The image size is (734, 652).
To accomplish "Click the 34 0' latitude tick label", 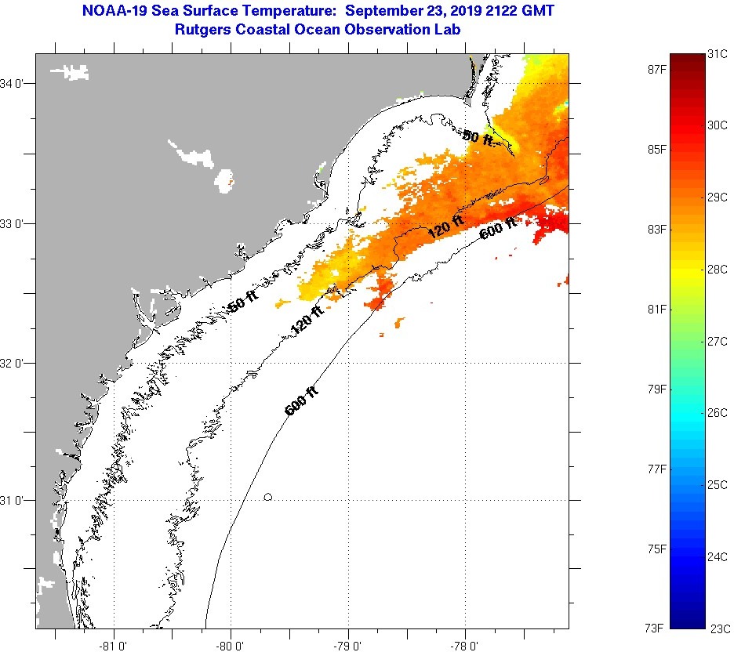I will pyautogui.click(x=16, y=83).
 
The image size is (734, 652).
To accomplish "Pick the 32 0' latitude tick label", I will pyautogui.click(x=16, y=363).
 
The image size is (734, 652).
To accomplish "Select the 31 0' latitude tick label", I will pyautogui.click(x=16, y=500).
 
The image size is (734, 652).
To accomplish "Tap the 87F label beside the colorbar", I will pyautogui.click(x=655, y=69).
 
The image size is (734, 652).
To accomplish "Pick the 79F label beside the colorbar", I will pyautogui.click(x=655, y=389).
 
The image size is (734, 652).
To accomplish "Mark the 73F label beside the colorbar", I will pyautogui.click(x=655, y=628).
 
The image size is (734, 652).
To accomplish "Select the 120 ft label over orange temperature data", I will pyautogui.click(x=445, y=229).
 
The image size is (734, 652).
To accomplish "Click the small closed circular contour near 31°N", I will pyautogui.click(x=268, y=496).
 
